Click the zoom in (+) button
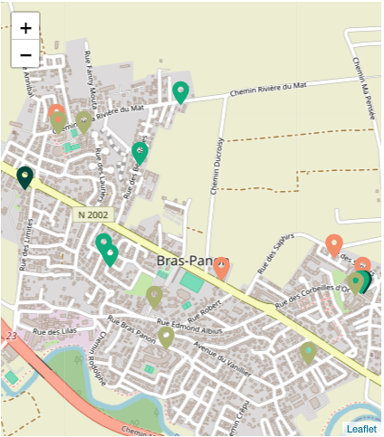tap(25, 28)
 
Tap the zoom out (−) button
tap(25, 54)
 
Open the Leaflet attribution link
tap(361, 429)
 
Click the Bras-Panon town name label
tap(190, 261)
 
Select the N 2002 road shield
tap(92, 215)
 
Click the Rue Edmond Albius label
tap(190, 322)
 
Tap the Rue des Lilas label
tap(52, 333)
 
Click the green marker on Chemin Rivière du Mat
tap(181, 91)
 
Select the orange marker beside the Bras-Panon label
tap(221, 267)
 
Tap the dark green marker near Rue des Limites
tap(25, 176)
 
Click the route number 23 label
tap(12, 336)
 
